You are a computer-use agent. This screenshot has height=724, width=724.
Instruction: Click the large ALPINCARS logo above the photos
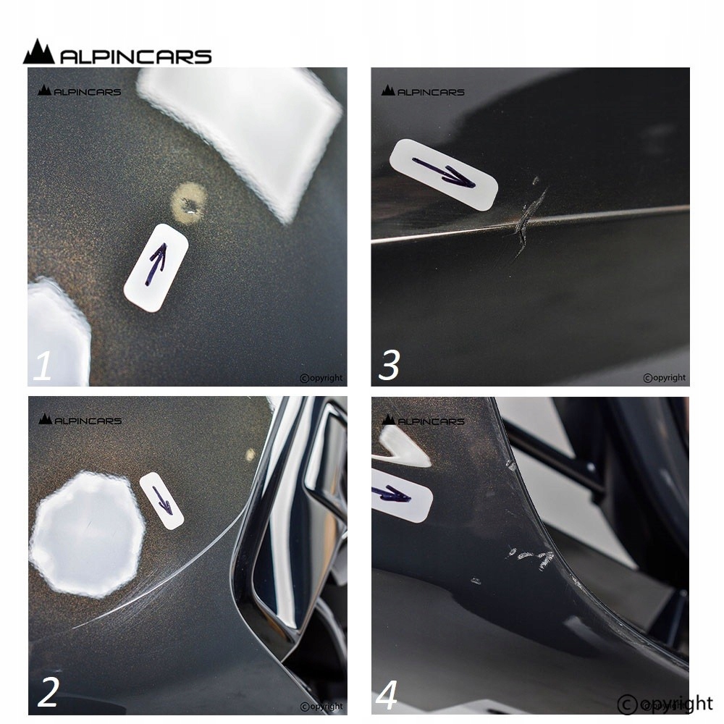(x=117, y=51)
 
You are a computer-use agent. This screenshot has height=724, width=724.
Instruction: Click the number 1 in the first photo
(x=42, y=366)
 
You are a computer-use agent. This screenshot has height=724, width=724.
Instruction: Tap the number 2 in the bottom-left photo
(x=48, y=692)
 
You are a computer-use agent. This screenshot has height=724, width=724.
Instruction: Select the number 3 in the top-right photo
(x=388, y=366)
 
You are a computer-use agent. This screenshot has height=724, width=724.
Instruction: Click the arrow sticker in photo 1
(x=156, y=267)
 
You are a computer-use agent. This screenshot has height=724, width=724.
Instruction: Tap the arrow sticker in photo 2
(x=161, y=500)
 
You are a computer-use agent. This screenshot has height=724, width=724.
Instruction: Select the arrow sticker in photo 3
(x=444, y=175)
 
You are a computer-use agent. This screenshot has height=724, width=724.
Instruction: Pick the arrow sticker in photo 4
(x=402, y=495)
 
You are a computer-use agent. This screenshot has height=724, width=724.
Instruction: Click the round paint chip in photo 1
(x=189, y=203)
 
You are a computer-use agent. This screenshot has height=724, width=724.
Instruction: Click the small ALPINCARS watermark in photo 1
(x=80, y=90)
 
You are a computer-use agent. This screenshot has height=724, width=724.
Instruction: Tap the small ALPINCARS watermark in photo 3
(x=423, y=90)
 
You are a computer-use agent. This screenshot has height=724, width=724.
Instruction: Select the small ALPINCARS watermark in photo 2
(x=80, y=419)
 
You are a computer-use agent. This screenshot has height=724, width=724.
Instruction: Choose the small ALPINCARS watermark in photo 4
(x=424, y=420)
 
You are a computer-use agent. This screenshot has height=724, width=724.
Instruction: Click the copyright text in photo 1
(x=321, y=378)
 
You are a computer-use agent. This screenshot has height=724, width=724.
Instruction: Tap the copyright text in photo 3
(x=665, y=378)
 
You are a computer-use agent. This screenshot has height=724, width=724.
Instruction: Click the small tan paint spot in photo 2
(x=251, y=455)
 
